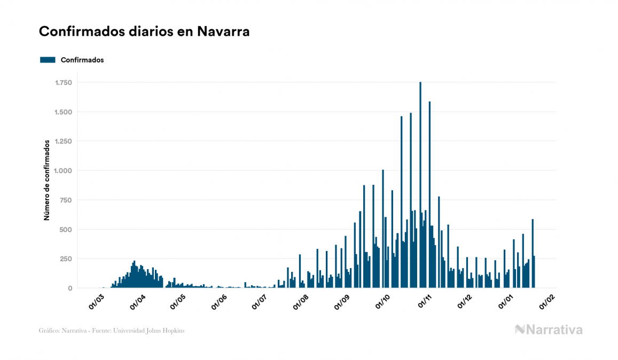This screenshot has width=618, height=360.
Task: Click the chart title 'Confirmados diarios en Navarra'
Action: (x=144, y=32)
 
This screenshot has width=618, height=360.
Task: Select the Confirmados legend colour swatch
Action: (x=48, y=60)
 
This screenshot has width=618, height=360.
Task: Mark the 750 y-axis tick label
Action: (x=66, y=200)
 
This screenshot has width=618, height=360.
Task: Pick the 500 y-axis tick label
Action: (x=66, y=230)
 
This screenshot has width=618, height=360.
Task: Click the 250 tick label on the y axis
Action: (x=66, y=259)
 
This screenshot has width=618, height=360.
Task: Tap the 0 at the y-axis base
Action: (x=69, y=288)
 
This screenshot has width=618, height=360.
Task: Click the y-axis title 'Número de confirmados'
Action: (x=47, y=181)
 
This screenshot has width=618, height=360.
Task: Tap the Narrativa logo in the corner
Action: (x=549, y=330)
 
